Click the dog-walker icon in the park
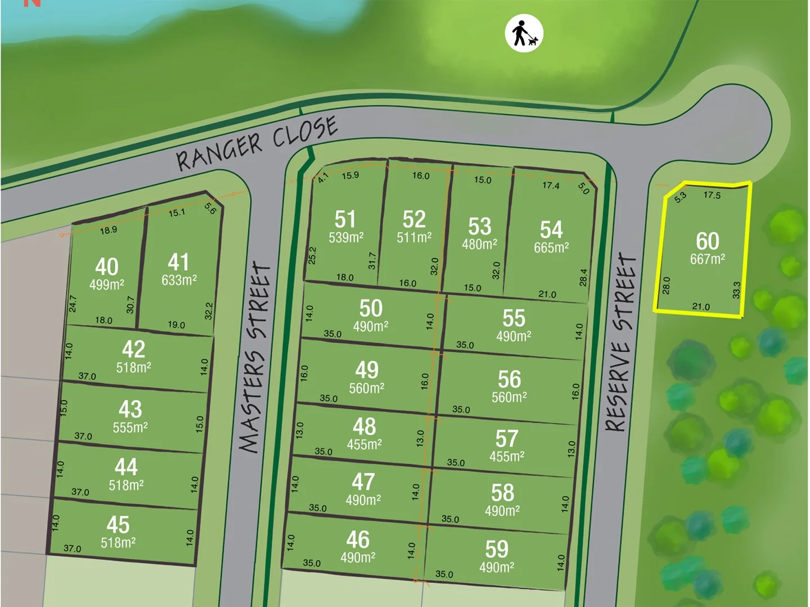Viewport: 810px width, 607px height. pyautogui.click(x=524, y=33)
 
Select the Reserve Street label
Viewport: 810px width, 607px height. pyautogui.click(x=622, y=343)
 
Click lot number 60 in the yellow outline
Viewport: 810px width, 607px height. pyautogui.click(x=707, y=241)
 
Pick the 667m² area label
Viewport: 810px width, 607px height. pyautogui.click(x=707, y=259)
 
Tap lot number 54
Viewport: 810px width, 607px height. pyautogui.click(x=551, y=229)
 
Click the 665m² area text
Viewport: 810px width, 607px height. pyautogui.click(x=551, y=247)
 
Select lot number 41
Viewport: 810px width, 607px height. pyautogui.click(x=178, y=262)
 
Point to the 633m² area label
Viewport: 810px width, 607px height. pyautogui.click(x=179, y=280)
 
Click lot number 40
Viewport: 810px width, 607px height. pyautogui.click(x=106, y=266)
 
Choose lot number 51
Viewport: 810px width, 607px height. pyautogui.click(x=345, y=219)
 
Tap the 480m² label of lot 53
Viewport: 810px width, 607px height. pyautogui.click(x=479, y=244)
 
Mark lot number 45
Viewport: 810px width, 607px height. pyautogui.click(x=118, y=524)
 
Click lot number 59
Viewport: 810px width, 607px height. pyautogui.click(x=496, y=549)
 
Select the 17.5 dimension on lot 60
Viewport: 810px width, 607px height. pyautogui.click(x=712, y=195)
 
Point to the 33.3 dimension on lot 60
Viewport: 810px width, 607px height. pyautogui.click(x=736, y=290)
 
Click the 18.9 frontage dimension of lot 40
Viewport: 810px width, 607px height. pyautogui.click(x=108, y=230)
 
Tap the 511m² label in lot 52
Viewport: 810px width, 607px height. pyautogui.click(x=413, y=238)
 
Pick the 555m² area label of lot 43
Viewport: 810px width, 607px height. pyautogui.click(x=130, y=428)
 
